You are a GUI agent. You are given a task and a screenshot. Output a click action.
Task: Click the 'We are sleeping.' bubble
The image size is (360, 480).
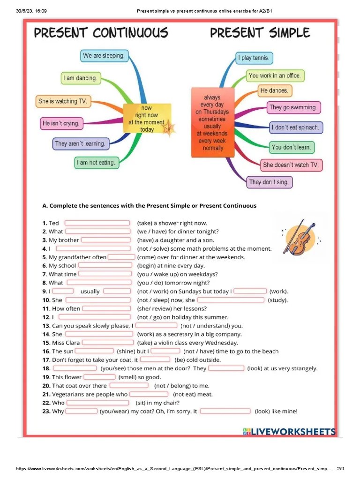point(104,56)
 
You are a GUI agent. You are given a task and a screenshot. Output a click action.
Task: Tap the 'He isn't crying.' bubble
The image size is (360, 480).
point(61,124)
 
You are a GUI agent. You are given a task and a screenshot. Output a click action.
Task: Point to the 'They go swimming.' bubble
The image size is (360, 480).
point(293,107)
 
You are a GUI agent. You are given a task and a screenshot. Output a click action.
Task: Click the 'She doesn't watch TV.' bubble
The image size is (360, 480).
point(291,165)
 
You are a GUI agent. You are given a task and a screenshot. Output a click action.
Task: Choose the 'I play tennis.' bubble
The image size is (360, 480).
point(254,58)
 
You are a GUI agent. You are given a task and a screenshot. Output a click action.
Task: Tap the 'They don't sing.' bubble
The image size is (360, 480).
point(269,182)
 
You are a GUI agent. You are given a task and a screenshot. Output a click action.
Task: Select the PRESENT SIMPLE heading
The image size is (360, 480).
point(260,33)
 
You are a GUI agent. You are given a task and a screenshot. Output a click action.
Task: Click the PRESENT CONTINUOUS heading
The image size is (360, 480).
point(101,33)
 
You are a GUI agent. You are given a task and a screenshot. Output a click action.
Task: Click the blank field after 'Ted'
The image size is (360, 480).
point(97,223)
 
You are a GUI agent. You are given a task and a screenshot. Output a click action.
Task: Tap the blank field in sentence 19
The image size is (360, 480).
point(99,377)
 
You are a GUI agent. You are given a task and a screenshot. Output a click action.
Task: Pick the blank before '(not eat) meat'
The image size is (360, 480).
point(149,394)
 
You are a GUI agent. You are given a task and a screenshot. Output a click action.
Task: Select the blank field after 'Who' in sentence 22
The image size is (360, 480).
point(97,403)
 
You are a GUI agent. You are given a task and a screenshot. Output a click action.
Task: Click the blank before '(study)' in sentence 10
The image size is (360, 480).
point(231,300)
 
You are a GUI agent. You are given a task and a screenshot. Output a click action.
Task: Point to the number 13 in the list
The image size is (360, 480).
point(46,326)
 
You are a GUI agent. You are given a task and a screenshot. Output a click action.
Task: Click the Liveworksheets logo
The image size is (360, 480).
point(289,432)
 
